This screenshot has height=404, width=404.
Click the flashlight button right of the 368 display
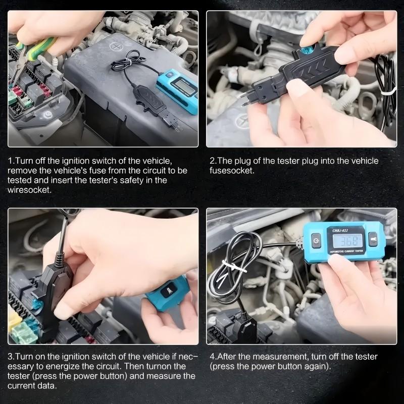(x=373, y=239)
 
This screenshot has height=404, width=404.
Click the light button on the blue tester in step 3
(x=167, y=292)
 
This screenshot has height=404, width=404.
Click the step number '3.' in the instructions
(x=11, y=357)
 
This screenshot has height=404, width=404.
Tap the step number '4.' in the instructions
(x=213, y=357)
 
